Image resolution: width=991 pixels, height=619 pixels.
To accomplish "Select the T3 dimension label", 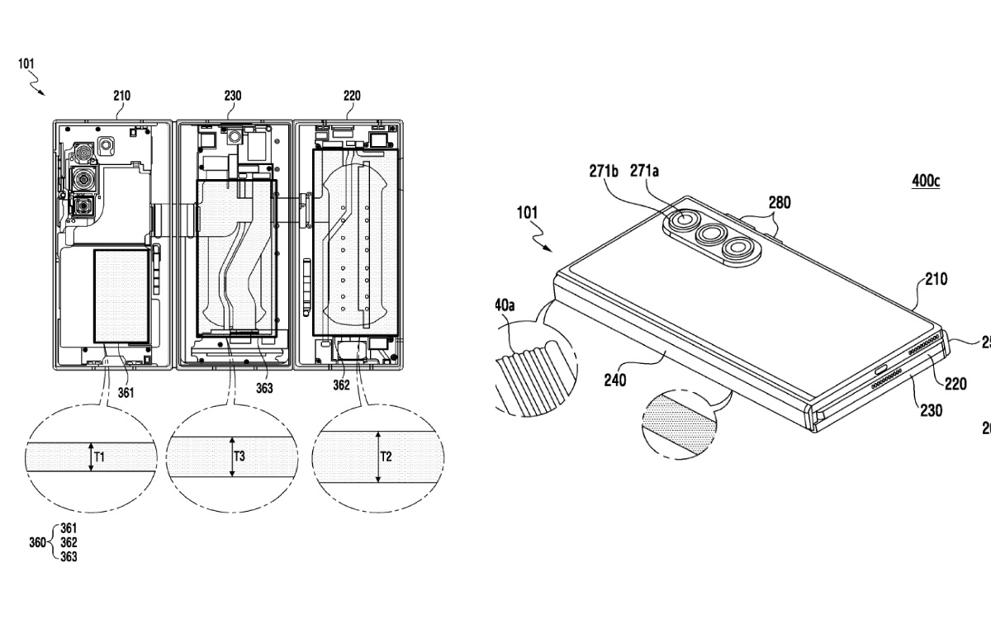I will point(239,456).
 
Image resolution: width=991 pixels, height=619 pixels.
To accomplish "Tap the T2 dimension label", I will point(386,456).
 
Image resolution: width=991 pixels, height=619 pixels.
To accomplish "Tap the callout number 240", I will point(615,380).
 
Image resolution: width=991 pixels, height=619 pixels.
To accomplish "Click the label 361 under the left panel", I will point(126,393).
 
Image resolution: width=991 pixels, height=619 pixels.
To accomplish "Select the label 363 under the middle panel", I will point(263,388).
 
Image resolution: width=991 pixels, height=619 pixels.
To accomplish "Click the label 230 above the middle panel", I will point(233,96).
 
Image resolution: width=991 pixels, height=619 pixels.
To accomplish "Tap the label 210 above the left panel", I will point(121,96).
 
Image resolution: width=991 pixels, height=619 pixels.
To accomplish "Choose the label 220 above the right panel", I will point(351,96).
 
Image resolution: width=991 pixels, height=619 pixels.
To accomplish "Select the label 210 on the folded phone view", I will point(936,280).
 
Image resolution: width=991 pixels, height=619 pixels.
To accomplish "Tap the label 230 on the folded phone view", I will point(932,410).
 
